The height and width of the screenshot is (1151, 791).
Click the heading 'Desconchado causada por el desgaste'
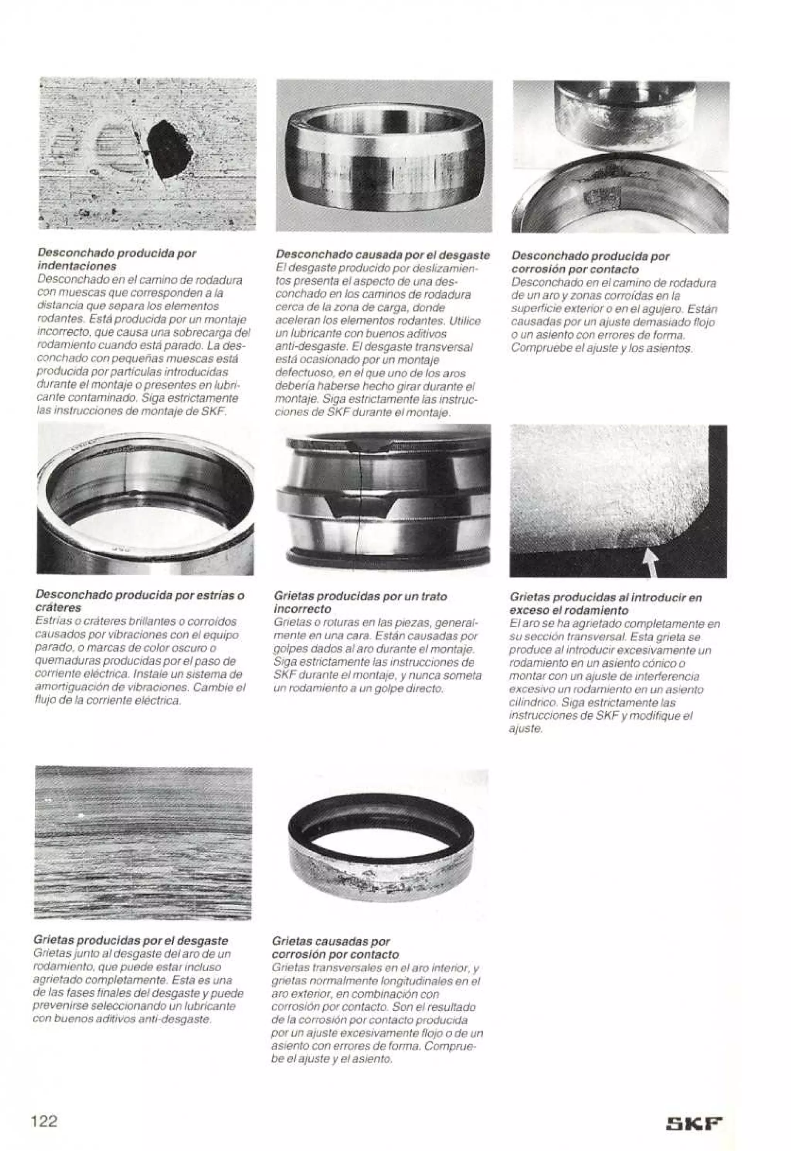click(383, 255)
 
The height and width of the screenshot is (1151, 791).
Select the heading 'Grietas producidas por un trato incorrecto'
click(360, 602)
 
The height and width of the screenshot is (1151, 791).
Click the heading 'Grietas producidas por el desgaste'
click(131, 940)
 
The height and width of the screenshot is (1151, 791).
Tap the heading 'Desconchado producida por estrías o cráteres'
click(139, 601)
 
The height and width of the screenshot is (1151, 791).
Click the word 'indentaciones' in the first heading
click(77, 266)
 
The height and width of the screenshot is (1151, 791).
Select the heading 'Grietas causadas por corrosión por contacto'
click(336, 947)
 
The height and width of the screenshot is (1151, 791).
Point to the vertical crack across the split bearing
click(359, 496)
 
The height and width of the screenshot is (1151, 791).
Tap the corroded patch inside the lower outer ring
click(603, 196)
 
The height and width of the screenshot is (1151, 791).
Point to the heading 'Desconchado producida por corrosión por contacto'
click(590, 263)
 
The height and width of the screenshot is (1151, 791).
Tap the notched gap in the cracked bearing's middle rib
click(360, 508)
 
